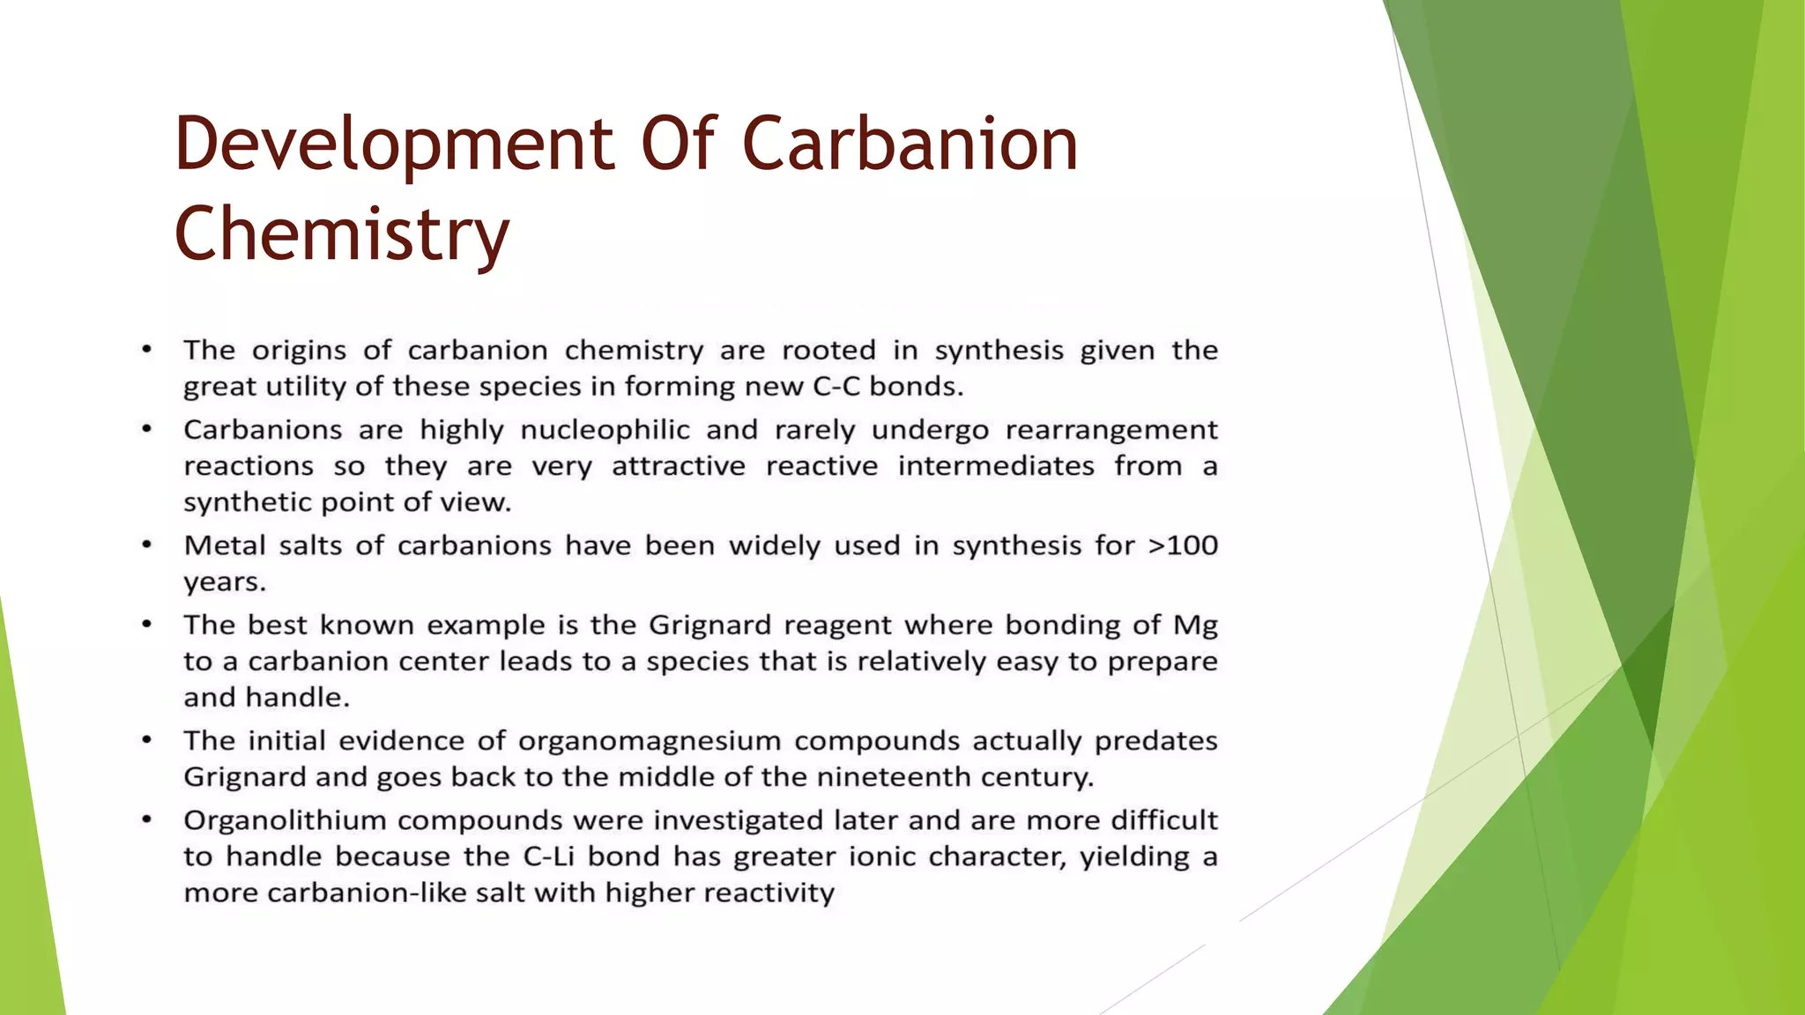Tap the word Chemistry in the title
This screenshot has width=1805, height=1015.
coord(342,234)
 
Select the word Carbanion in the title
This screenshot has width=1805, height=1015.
coord(910,144)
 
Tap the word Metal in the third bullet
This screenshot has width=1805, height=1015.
coord(224,545)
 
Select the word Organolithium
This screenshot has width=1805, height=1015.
coord(285,821)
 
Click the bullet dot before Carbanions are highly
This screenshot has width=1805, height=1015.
coord(147,430)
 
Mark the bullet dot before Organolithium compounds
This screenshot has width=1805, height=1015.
coord(147,820)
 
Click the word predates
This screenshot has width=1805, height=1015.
coord(1155,741)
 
